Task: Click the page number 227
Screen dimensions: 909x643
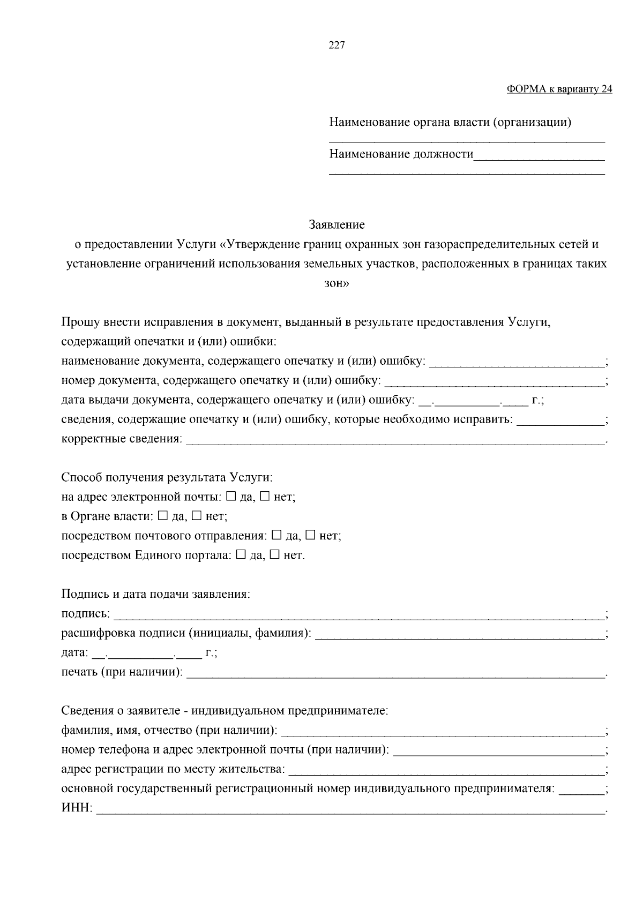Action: [x=337, y=45]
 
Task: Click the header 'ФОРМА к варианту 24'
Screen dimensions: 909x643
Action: [x=559, y=89]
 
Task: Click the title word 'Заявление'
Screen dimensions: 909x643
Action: [x=337, y=224]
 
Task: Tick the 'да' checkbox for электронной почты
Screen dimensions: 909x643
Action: [x=231, y=497]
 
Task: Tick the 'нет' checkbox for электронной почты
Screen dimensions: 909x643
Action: [x=265, y=497]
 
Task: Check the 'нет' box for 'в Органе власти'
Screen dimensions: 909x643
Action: [x=196, y=516]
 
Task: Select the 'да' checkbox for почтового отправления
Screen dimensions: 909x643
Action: [x=276, y=535]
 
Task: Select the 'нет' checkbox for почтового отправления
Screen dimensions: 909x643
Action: [x=310, y=535]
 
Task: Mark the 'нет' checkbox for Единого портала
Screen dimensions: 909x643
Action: [x=274, y=555]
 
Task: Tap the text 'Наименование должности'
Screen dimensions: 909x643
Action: [x=401, y=155]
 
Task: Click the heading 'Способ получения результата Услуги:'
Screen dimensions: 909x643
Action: [x=167, y=477]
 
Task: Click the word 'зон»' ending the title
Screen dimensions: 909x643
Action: [x=337, y=283]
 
